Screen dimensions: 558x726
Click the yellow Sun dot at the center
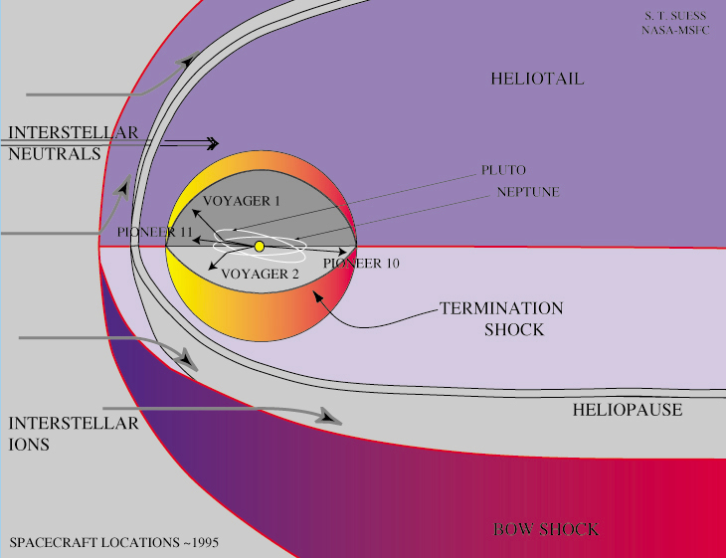coord(259,246)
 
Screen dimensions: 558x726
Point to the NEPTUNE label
coord(528,192)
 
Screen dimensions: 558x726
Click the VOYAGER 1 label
coord(243,201)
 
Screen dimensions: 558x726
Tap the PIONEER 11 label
coord(153,232)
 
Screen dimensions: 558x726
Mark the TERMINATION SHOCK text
coord(501,318)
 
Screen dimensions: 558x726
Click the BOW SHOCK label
coord(546,528)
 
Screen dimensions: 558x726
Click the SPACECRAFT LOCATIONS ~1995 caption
coord(113,543)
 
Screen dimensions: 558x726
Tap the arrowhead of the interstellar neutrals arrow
coord(214,143)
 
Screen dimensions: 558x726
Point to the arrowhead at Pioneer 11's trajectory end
coord(195,240)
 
